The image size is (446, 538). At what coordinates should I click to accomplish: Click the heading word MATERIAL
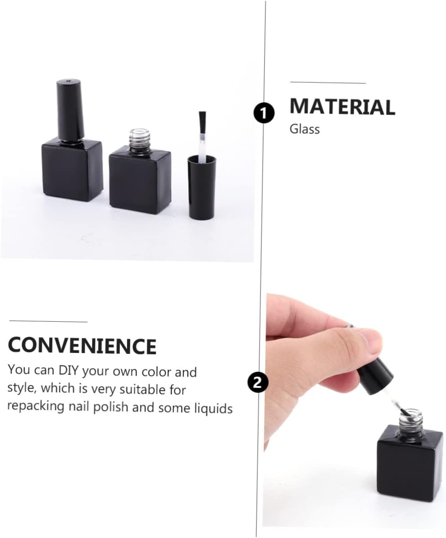coord(342,107)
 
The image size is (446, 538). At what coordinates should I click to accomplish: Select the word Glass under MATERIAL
coord(305,129)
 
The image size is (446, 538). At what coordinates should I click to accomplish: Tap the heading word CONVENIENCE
coord(82,346)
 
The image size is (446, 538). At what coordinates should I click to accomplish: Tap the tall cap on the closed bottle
coord(70,109)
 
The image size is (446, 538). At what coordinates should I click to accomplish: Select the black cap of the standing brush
coord(202,187)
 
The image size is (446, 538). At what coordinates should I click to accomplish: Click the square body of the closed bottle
coord(72,169)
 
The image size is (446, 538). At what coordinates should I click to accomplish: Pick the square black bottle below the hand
coord(410,468)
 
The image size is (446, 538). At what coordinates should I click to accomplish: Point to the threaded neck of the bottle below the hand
coord(411,419)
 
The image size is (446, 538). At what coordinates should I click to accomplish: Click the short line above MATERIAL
coord(327,83)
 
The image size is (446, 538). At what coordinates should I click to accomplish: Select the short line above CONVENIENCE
coord(48,321)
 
